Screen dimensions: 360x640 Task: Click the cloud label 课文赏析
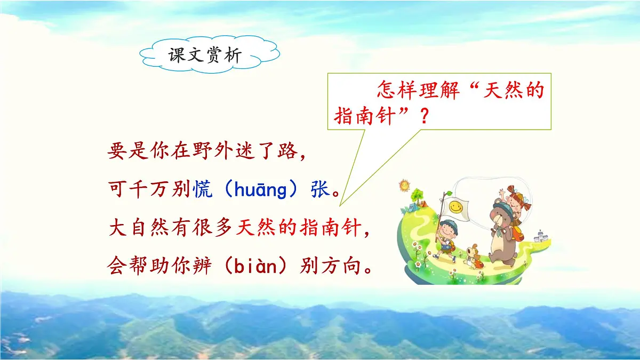(x=205, y=55)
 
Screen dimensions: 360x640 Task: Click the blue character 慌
(x=203, y=190)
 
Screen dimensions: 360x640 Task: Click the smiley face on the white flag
(x=455, y=206)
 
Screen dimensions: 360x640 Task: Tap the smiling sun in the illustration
(x=404, y=186)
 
